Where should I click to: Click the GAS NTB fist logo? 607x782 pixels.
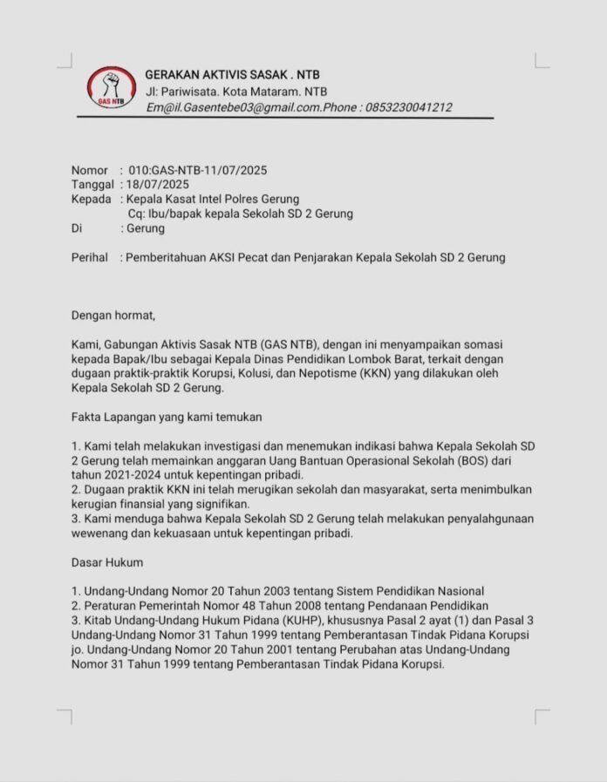tap(111, 88)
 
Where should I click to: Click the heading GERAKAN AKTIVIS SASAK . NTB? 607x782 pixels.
tap(232, 75)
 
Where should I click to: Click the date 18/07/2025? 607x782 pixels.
tap(157, 185)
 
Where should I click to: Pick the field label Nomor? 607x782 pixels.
tap(90, 170)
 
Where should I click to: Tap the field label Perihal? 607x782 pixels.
tap(90, 258)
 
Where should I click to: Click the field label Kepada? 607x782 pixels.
tap(91, 200)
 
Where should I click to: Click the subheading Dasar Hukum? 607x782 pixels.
tap(107, 562)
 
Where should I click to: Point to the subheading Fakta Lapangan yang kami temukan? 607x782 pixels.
tap(167, 417)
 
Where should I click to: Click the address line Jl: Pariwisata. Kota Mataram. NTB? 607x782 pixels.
tap(236, 92)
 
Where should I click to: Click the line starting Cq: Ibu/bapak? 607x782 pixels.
tap(240, 214)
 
